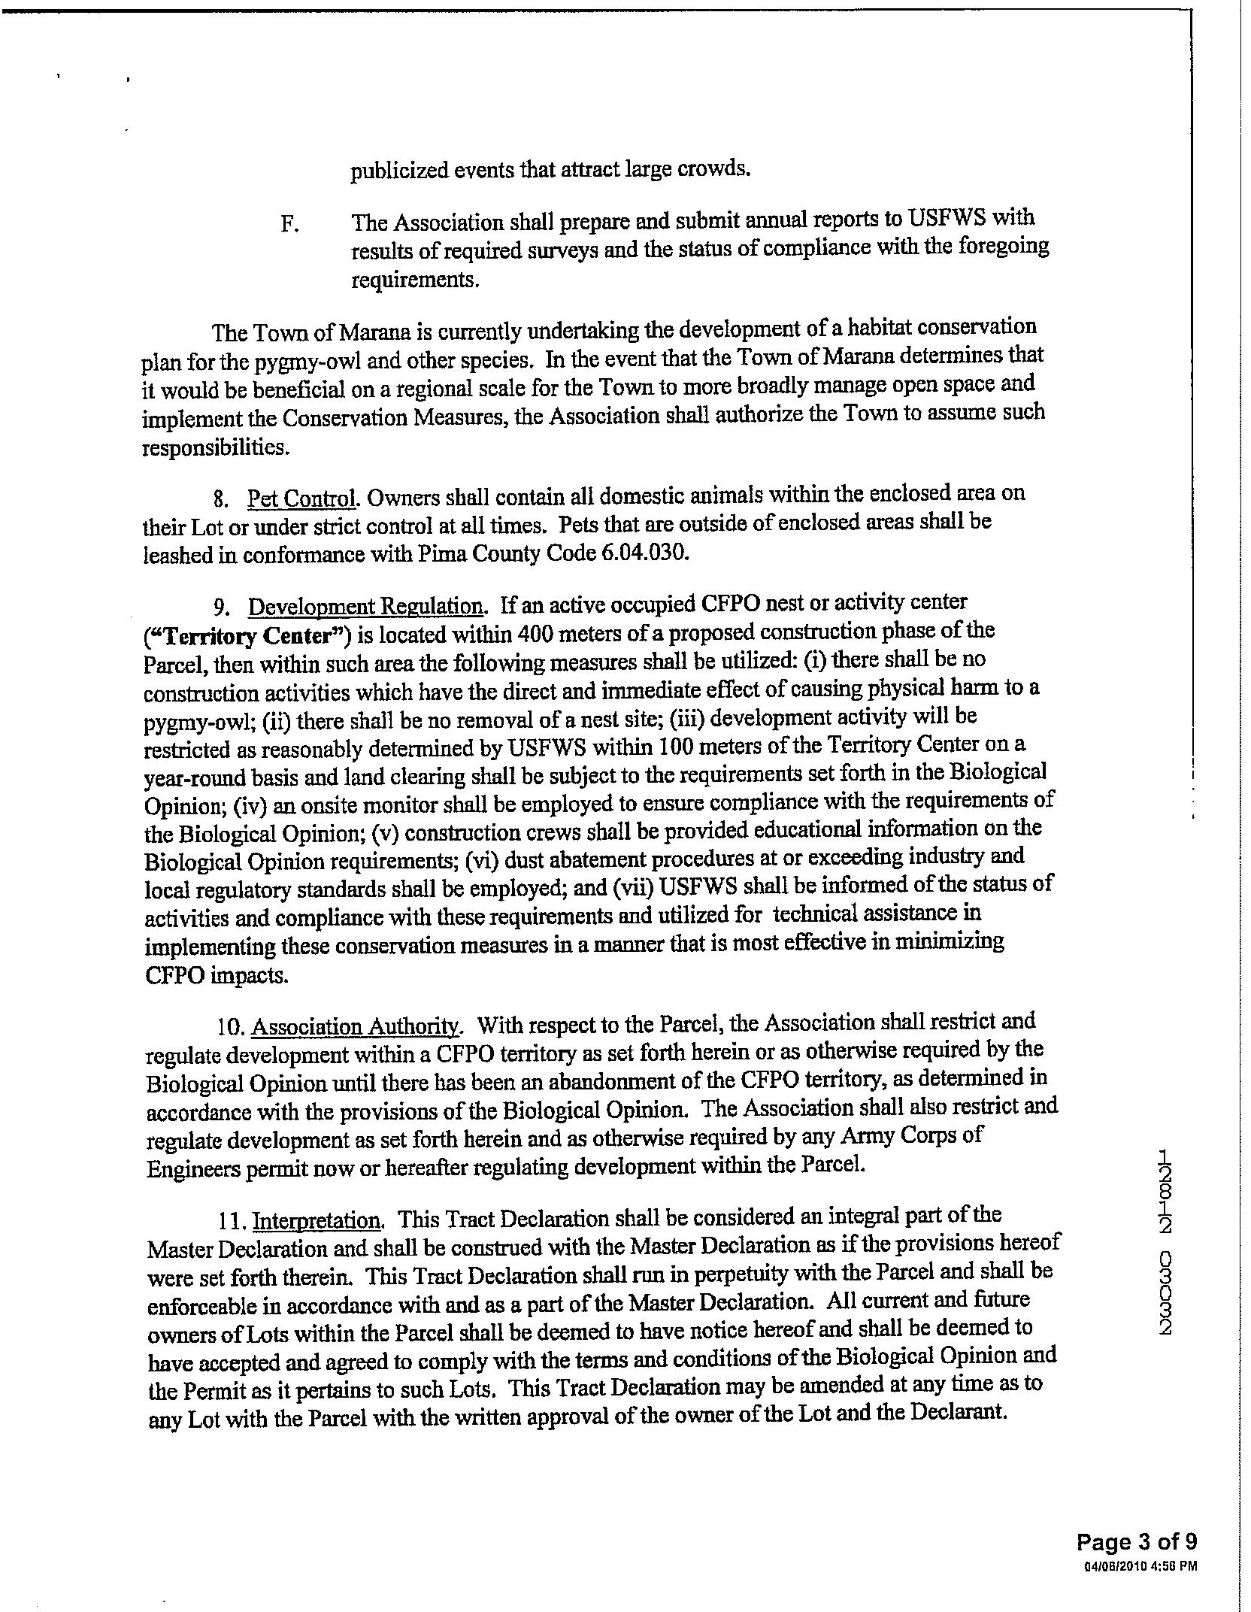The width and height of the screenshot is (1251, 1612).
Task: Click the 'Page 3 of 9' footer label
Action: click(x=1136, y=1542)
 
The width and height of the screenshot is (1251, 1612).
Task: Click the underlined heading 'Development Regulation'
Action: click(x=366, y=606)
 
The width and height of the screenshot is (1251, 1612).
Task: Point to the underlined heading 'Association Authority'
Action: click(x=355, y=1026)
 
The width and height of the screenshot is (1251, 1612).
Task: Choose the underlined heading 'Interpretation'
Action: click(x=317, y=1220)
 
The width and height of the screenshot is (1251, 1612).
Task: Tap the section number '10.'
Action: click(x=228, y=1027)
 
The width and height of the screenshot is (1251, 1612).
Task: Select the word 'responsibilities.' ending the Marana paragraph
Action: click(x=215, y=448)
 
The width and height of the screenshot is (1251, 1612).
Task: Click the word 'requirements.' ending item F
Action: click(x=414, y=280)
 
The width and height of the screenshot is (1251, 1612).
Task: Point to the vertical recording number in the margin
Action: click(x=1165, y=1241)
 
